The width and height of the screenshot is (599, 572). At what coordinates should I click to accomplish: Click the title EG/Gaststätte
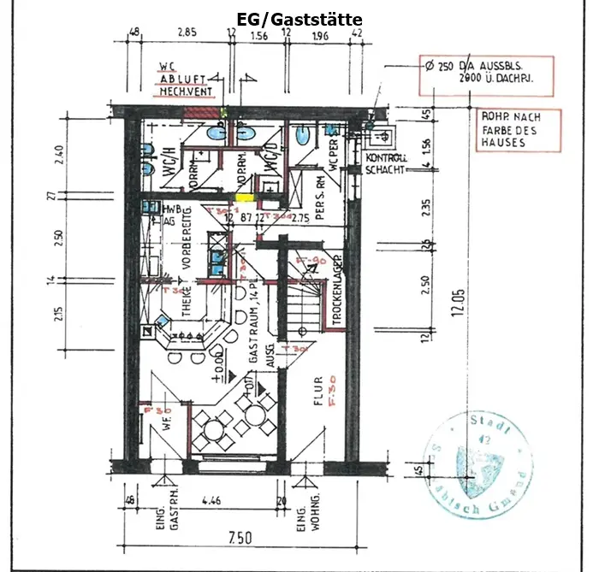(x=299, y=19)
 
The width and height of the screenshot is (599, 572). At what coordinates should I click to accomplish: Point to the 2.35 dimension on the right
(x=425, y=207)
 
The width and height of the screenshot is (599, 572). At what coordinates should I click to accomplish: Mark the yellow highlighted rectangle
(x=246, y=198)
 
